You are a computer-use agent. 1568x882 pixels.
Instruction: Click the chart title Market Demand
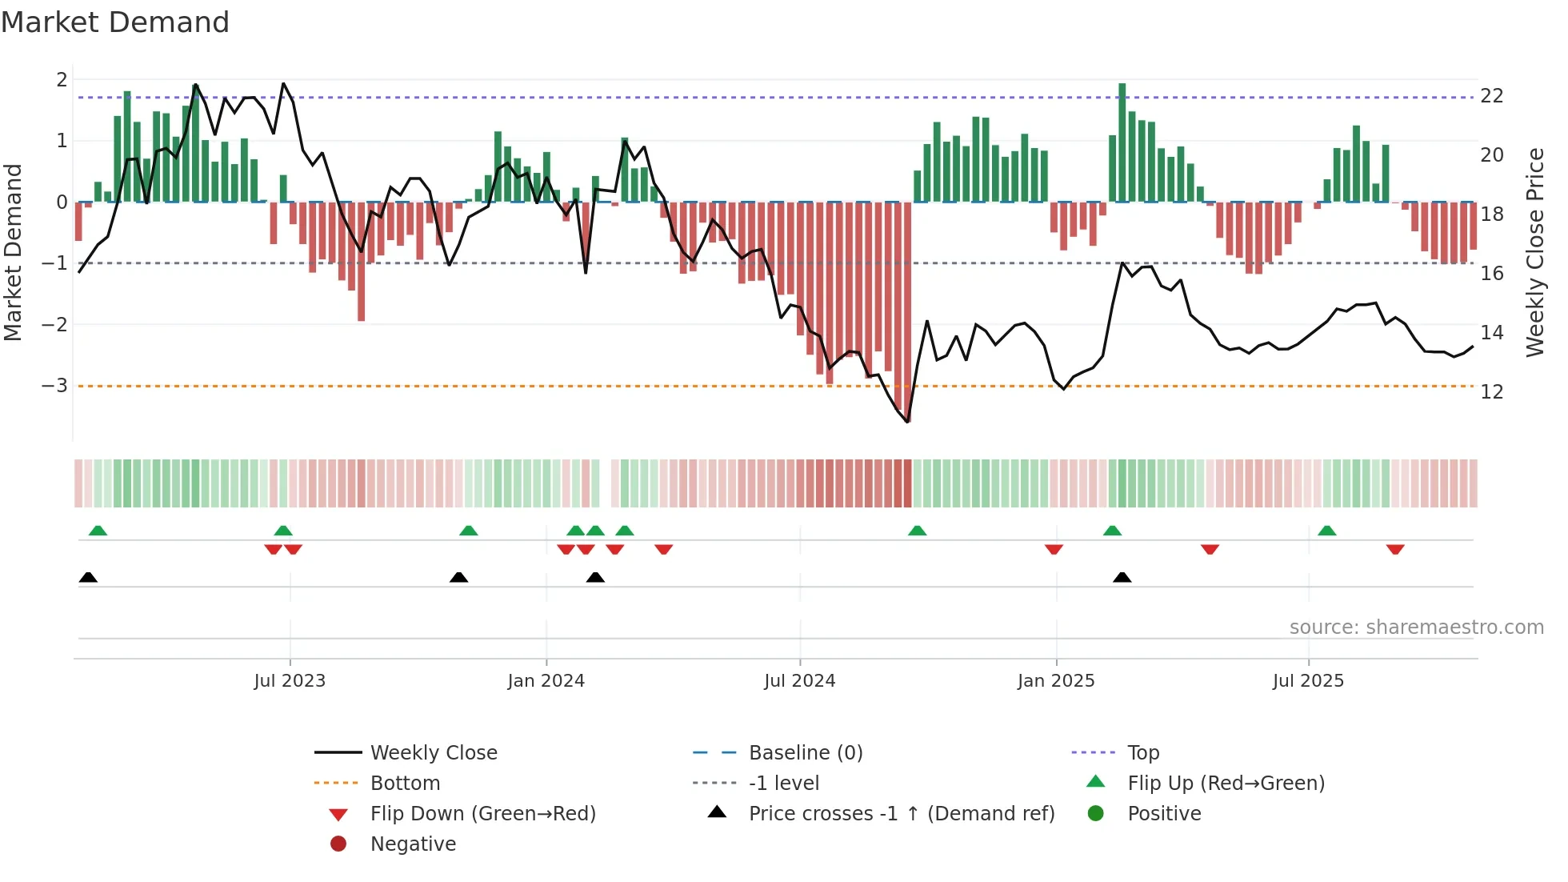click(x=115, y=22)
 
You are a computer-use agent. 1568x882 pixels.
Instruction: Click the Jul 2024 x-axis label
click(x=799, y=681)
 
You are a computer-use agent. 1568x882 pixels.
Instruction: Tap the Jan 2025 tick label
click(x=1055, y=681)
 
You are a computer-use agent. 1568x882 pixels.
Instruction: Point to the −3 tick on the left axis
click(x=55, y=386)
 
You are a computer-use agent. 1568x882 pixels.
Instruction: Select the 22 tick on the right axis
click(x=1492, y=96)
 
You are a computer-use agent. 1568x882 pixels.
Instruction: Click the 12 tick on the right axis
click(x=1492, y=392)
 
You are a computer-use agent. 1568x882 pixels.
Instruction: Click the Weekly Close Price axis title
click(x=1534, y=252)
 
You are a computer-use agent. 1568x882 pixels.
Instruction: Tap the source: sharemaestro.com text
click(x=1416, y=627)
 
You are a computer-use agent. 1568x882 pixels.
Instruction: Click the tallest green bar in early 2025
click(x=1122, y=142)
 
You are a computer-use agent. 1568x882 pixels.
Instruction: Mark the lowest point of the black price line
click(x=907, y=422)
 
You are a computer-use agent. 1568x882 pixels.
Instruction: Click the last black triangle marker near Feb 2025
click(x=1122, y=578)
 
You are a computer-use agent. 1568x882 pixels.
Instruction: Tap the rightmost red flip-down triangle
click(x=1395, y=550)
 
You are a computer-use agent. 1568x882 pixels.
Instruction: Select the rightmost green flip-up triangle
click(x=1326, y=531)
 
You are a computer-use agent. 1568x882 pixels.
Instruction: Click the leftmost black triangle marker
click(x=88, y=578)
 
